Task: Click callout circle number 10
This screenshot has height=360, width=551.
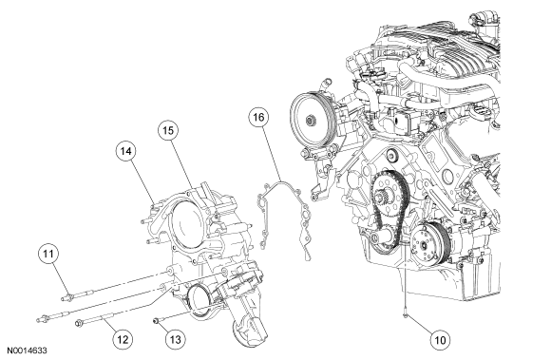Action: [x=440, y=340]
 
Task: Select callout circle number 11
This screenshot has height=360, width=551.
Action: [x=48, y=254]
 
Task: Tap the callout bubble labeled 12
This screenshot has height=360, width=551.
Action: [x=123, y=339]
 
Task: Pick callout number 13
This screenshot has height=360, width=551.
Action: [x=175, y=339]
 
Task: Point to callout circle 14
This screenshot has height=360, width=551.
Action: [x=125, y=151]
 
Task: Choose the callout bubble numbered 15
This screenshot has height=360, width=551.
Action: [x=167, y=130]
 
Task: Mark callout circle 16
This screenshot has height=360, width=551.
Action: [x=258, y=117]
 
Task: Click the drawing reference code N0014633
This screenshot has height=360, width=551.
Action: [x=27, y=351]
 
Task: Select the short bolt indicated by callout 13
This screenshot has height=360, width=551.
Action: [x=158, y=320]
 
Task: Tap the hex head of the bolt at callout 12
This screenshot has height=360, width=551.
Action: [x=78, y=323]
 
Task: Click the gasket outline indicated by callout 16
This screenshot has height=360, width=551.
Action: [x=285, y=219]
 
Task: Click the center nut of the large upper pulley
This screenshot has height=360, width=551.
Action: [x=310, y=121]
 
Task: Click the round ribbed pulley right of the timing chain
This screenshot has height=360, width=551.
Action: [x=428, y=242]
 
